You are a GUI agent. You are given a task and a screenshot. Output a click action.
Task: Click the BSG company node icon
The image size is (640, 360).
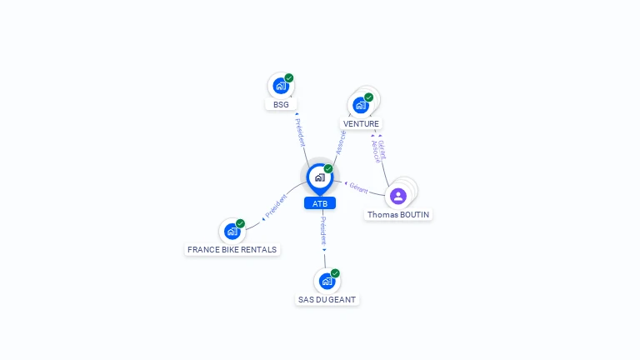pos(281,86)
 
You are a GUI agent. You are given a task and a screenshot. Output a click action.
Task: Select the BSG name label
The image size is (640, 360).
pos(281,104)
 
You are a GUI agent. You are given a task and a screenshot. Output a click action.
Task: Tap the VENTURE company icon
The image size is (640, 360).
pos(361,105)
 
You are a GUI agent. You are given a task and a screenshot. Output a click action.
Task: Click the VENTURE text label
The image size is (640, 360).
pos(361,124)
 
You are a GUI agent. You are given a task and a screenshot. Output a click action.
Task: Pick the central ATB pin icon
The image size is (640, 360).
pos(319,177)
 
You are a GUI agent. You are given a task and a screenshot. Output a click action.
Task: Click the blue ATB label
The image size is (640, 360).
pos(320,203)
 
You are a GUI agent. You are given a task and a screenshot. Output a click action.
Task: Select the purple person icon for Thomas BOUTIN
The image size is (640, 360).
pos(398,196)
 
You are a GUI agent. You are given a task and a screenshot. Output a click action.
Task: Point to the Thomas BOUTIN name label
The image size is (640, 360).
pos(399,214)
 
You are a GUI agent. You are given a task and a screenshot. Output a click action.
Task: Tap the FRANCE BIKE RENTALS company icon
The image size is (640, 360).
pos(232,232)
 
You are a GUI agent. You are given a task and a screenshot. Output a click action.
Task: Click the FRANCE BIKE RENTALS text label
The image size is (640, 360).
pos(232,249)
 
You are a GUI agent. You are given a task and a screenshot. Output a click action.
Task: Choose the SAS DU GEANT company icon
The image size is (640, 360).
pos(327,281)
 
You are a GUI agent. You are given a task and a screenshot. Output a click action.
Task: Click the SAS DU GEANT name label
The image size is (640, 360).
pos(327,299)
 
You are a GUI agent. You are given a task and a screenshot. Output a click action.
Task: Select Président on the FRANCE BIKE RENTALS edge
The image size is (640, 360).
pos(276,207)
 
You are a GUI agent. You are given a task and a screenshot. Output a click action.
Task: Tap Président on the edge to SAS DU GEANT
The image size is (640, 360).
pos(324,231)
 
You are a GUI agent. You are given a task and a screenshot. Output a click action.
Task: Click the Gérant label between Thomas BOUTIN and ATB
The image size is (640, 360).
pos(359,188)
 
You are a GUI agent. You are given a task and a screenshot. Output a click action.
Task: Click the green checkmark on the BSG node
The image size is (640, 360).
pos(289,78)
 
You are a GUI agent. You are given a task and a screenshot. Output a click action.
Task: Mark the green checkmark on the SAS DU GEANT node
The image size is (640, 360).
pos(335,273)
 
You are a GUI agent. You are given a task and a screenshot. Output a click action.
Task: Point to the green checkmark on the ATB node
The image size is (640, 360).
pos(328,169)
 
